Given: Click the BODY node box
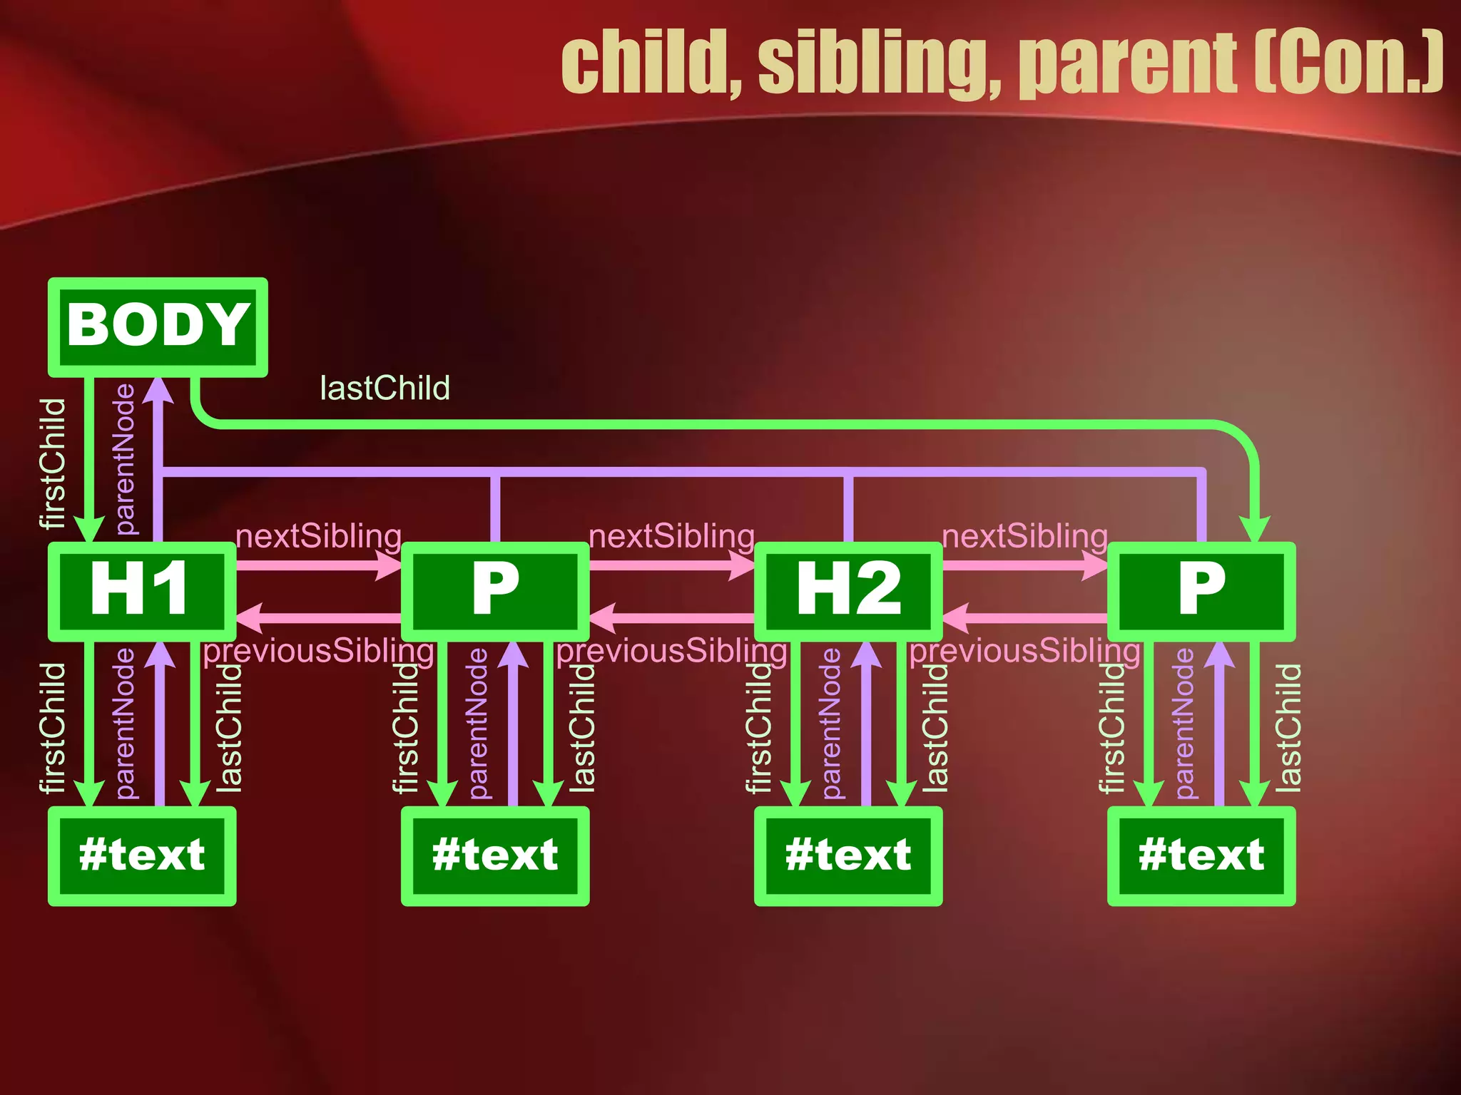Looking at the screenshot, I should pos(158,327).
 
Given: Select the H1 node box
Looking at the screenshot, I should pos(141,591).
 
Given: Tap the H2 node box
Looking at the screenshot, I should pos(848,591).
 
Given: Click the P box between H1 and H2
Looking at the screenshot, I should pos(495,591).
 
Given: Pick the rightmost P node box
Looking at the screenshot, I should pos(1201,591).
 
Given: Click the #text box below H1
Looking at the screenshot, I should pos(141,855).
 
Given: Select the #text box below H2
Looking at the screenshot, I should pos(848,855).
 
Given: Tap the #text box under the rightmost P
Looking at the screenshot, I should pos(1201,855).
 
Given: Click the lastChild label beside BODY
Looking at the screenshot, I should pos(385,389).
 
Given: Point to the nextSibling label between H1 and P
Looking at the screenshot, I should pos(318,536).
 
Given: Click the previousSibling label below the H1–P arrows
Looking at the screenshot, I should pos(318,651).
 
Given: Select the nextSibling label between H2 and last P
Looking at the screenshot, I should pos(1024,536).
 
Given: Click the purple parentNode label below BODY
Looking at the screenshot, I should pos(126,459).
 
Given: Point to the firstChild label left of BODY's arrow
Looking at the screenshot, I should pos(53,463).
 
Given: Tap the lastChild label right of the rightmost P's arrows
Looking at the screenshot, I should pos(1288,727).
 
